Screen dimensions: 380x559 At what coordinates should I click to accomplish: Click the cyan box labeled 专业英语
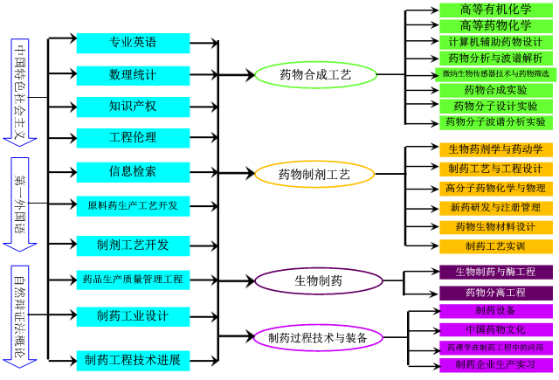(133, 43)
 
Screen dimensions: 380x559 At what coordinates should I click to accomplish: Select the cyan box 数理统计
(133, 75)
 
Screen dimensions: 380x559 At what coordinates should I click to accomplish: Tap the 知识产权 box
(133, 107)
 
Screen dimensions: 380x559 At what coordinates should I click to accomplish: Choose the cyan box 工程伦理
(133, 138)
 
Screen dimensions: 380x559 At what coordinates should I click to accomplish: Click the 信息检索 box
(133, 171)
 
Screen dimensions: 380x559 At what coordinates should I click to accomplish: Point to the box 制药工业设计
(133, 315)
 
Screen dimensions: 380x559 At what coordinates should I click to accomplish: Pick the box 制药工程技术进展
(133, 360)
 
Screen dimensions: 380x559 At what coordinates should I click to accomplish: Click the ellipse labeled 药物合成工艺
(315, 75)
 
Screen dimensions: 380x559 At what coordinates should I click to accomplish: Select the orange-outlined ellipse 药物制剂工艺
(314, 175)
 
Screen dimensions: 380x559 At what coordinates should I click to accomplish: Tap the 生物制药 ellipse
(319, 281)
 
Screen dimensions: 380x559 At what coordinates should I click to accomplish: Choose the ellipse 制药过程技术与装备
(318, 337)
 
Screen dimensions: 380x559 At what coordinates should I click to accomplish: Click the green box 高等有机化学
(495, 10)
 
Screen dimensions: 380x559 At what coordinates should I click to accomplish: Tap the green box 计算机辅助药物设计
(495, 42)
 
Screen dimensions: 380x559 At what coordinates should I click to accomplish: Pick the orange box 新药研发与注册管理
(495, 208)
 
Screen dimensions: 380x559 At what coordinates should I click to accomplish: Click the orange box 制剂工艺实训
(495, 246)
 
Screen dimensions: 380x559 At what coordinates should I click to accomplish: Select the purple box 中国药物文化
(495, 329)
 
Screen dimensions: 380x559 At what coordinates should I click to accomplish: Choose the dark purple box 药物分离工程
(495, 293)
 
